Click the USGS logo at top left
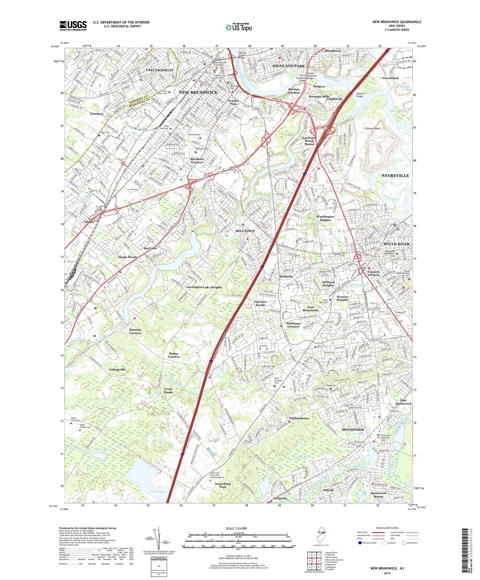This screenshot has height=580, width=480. pos(73,26)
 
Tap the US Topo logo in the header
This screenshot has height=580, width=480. pos(239,27)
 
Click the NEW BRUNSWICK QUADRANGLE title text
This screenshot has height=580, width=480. pos(397,22)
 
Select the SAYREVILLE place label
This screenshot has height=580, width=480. pos(395,175)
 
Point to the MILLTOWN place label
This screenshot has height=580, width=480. pos(245,231)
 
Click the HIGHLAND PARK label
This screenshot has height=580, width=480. pos(288,66)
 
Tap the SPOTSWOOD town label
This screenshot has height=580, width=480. pos(353,430)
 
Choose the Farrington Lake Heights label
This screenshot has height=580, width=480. pos(204,287)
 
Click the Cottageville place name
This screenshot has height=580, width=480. pos(118,369)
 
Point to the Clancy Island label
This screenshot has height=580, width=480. pos(372,128)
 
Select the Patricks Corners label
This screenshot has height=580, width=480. pos(135,331)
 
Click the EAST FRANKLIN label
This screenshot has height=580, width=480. pos(160,70)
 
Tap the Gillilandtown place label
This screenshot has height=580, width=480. pos(299,418)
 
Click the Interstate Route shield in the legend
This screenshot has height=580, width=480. pos(360,543)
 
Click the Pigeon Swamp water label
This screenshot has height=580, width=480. pos(104,450)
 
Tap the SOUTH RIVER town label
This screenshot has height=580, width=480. pos(396,244)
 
